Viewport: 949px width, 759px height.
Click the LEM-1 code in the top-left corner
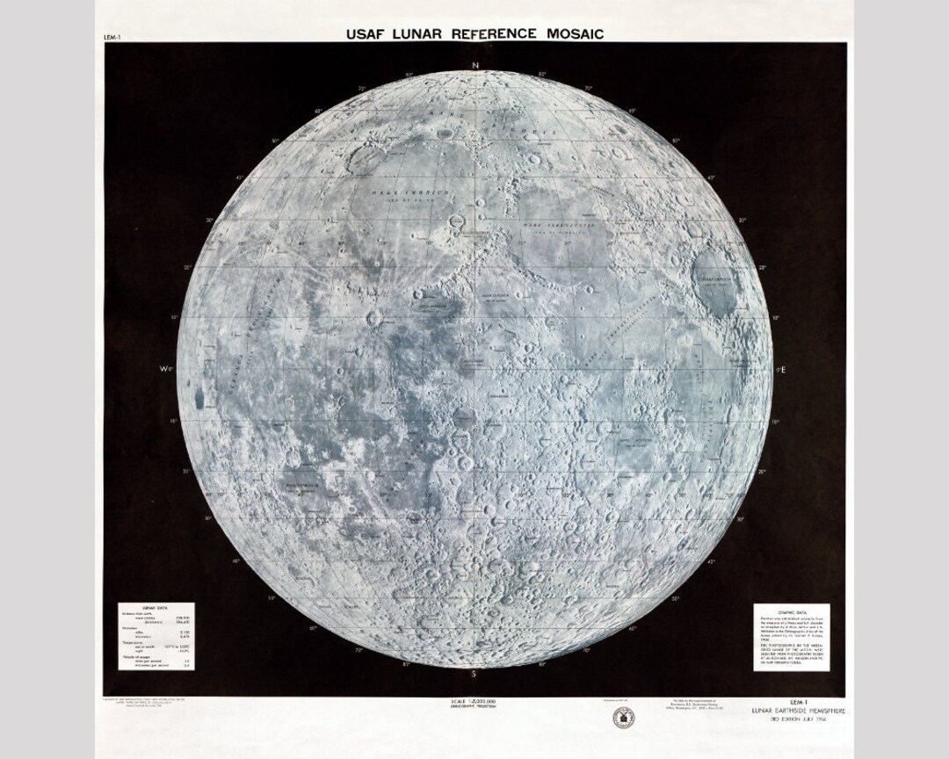click(112, 39)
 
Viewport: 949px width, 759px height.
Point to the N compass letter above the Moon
click(474, 66)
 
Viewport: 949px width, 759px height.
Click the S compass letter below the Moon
click(474, 674)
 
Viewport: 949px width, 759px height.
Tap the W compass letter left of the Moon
click(163, 370)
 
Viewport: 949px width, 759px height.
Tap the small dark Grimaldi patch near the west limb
click(199, 397)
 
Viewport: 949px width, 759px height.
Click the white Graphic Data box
click(793, 636)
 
